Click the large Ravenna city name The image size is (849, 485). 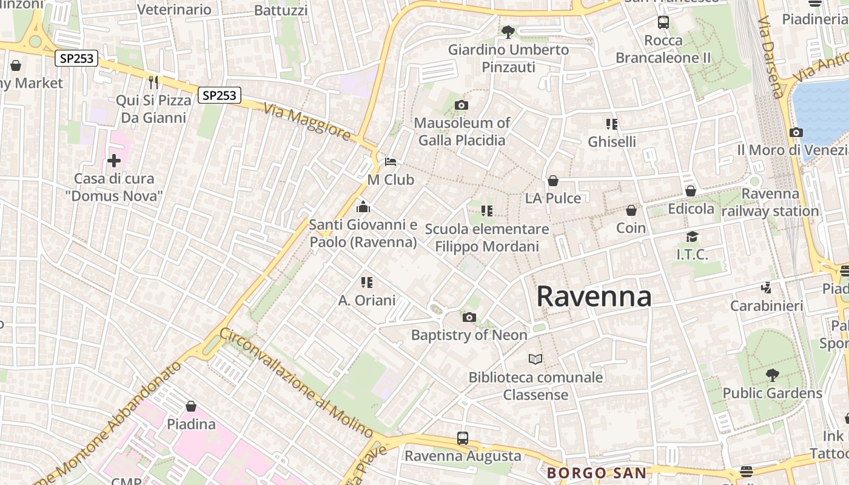point(594,296)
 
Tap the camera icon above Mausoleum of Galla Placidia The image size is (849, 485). point(461,105)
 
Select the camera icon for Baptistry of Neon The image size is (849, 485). point(469,317)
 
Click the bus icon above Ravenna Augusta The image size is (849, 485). point(463,438)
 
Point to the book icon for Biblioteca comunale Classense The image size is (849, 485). point(535,360)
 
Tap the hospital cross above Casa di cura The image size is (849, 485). point(114,161)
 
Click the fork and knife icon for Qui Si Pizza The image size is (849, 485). point(153,82)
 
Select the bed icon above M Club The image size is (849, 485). point(391,162)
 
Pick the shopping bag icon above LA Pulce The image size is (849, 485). point(552,181)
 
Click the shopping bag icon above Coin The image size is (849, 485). point(631,210)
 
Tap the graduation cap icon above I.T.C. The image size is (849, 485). point(692,236)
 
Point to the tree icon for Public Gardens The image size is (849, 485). point(772,375)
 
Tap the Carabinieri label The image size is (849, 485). point(767,306)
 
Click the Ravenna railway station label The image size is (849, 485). point(770,202)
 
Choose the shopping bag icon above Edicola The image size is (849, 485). point(690,191)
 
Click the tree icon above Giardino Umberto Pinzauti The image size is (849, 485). point(508,31)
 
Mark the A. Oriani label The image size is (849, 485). point(367,300)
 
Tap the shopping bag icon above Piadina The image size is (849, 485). point(191,406)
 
